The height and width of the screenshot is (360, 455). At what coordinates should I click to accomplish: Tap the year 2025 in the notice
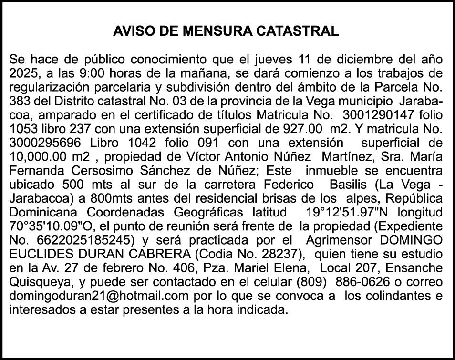tap(21, 74)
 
